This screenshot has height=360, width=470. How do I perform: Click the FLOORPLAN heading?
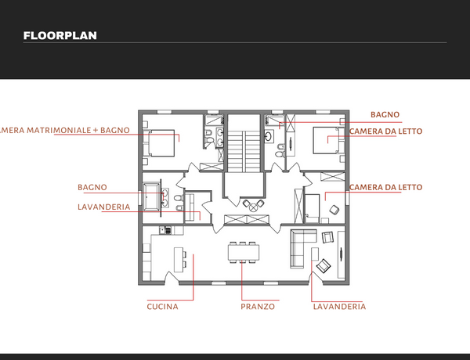tap(60, 36)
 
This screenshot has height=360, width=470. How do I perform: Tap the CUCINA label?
tap(162, 307)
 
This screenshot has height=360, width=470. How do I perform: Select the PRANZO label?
tap(258, 307)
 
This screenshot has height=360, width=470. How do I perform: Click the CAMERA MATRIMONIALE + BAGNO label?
tap(64, 130)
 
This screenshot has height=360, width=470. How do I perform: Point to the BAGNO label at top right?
tap(385, 115)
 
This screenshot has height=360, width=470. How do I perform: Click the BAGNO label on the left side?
tap(92, 188)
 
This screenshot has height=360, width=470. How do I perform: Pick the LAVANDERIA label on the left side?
tap(104, 207)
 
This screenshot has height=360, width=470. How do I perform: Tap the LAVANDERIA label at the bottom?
tap(339, 307)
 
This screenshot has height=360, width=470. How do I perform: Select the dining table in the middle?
tap(244, 253)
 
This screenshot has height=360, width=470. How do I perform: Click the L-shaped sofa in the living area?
tap(302, 249)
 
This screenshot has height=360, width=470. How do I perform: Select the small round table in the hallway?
tap(254, 207)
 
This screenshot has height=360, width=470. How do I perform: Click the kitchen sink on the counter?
tap(165, 230)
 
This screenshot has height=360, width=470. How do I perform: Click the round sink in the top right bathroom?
tap(268, 135)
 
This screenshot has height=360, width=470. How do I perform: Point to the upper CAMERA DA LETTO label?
tap(385, 131)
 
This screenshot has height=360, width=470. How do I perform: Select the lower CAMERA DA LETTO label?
tap(385, 188)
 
